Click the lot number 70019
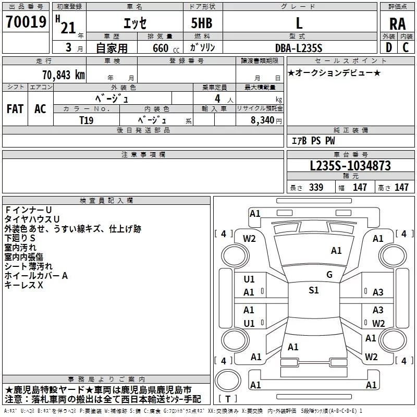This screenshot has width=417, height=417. coord(27,23)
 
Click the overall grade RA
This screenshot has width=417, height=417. coord(397,24)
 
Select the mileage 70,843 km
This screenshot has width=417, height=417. coord(60,75)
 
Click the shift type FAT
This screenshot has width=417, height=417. coord(15,109)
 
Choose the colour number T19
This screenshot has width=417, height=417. coord(87,119)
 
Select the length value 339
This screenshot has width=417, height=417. coord(316,188)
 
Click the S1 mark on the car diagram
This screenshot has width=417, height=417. coord(313,290)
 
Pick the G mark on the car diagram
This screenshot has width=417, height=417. coord(329,275)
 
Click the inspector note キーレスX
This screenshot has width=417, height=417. coord(23,285)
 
